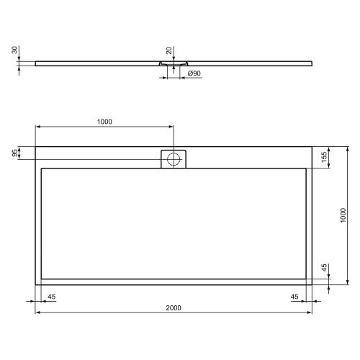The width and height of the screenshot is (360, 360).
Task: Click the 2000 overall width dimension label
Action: coord(173,307)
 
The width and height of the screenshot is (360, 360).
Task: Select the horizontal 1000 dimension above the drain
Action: coord(104,122)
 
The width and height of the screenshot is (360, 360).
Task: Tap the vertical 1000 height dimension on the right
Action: coord(343,215)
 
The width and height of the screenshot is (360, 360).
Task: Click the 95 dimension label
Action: coord(14,153)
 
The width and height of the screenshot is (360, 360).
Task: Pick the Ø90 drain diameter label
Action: coord(194,73)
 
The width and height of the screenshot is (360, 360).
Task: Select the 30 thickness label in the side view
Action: coord(14,51)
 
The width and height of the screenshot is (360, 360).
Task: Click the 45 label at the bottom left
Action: coord(52,297)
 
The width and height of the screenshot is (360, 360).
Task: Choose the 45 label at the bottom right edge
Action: coord(294,297)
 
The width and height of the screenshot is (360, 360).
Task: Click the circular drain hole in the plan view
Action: coord(174,159)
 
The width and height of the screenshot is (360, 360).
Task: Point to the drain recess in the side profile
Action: coord(173,63)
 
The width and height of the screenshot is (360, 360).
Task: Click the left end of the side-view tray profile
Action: coord(35,62)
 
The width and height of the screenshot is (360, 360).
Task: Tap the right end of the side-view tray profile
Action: coord(312,62)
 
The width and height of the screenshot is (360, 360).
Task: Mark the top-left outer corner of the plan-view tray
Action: coord(35,147)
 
